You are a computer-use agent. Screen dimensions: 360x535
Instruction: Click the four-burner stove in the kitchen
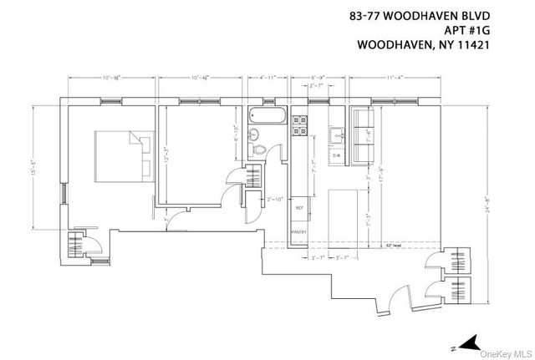(298, 125)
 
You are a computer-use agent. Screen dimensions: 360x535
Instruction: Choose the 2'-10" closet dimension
(276, 197)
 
